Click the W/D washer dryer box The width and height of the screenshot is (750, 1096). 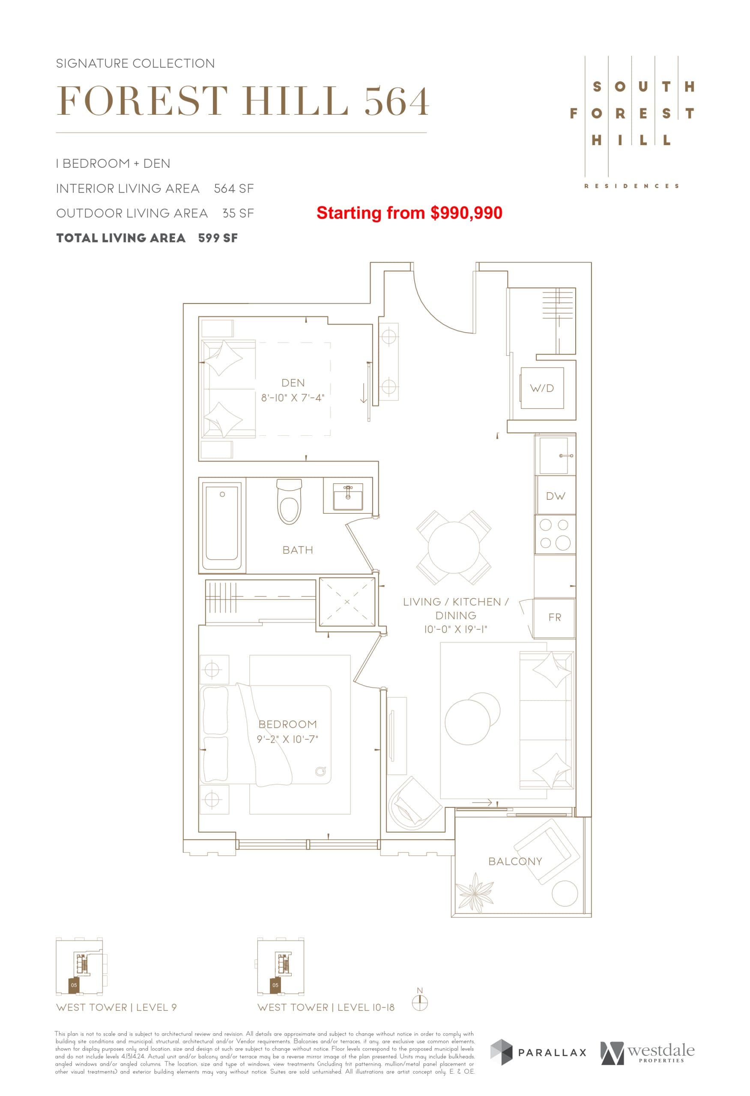(542, 388)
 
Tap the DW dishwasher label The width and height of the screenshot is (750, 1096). (555, 496)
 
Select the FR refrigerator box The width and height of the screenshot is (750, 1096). (555, 617)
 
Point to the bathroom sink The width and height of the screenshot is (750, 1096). (348, 497)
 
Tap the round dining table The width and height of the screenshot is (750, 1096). (454, 548)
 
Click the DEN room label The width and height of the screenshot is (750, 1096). (293, 383)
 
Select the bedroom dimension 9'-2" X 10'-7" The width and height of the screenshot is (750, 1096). (287, 739)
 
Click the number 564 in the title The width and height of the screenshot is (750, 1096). (397, 101)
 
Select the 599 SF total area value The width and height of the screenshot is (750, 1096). (218, 238)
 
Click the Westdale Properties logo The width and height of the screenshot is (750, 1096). (647, 1065)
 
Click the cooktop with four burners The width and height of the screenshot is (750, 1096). (555, 534)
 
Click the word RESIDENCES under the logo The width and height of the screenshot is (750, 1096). (632, 186)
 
